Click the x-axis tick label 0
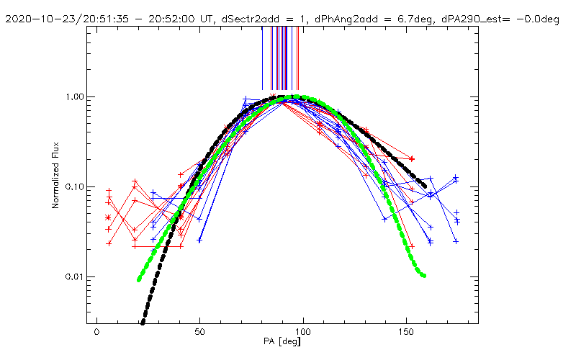click(x=96, y=333)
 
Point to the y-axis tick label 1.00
click(x=77, y=96)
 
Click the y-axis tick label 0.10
click(x=77, y=186)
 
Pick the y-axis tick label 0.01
click(x=77, y=276)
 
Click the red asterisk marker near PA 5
click(x=109, y=217)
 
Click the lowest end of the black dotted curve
click(x=142, y=323)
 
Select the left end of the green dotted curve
click(x=139, y=279)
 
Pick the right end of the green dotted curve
click(x=424, y=275)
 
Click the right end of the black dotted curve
click(x=423, y=186)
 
